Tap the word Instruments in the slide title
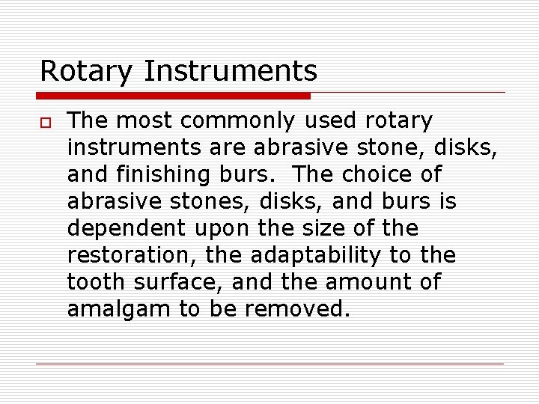coord(231,72)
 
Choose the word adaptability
coord(316,256)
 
